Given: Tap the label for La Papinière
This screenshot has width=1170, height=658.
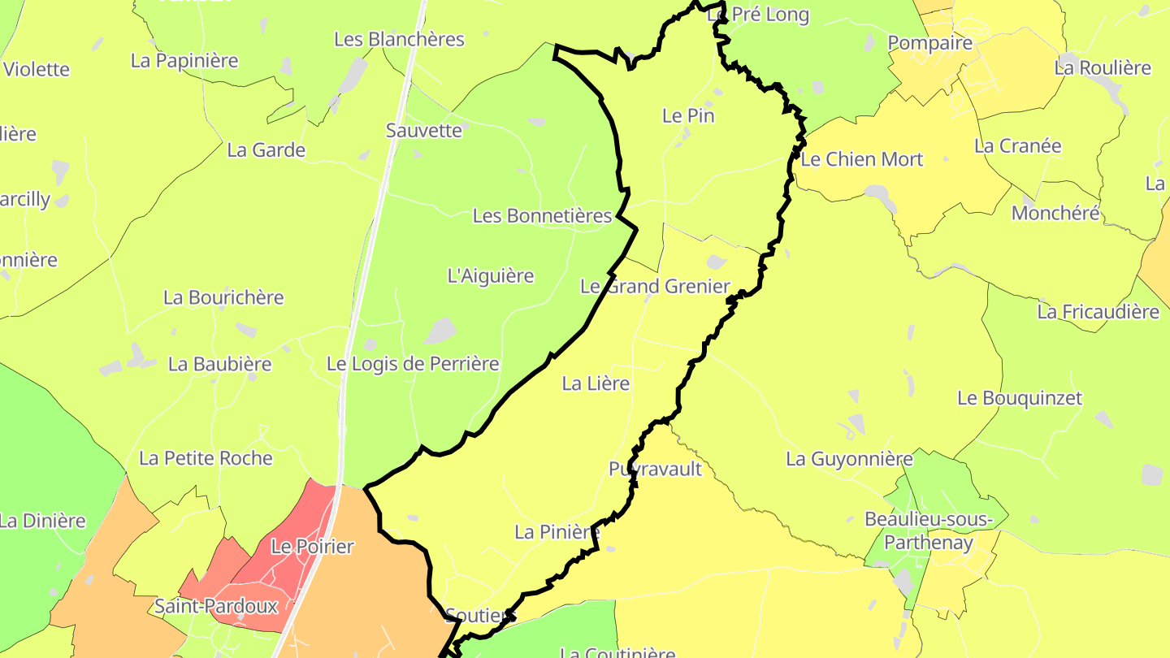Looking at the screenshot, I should click(184, 60).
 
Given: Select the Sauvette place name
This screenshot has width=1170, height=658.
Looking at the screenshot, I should click(423, 130).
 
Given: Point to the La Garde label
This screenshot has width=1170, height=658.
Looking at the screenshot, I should click(266, 149).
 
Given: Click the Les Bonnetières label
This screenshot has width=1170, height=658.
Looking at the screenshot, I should click(542, 216).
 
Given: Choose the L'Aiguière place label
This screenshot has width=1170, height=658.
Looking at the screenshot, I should click(491, 275).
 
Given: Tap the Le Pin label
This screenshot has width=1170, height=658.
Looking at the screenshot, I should click(688, 115).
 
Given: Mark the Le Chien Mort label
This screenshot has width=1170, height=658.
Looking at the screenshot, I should click(861, 159).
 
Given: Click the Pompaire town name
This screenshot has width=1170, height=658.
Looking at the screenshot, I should click(929, 43).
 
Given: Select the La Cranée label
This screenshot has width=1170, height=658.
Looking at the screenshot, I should click(1017, 146).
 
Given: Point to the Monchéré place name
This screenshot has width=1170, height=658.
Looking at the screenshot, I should click(1055, 213).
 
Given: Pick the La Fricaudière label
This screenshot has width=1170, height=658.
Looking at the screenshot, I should click(1098, 311).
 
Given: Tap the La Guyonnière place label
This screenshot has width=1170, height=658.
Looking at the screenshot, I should click(849, 459).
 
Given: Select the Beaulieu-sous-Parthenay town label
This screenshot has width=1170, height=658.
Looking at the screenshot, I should click(929, 530).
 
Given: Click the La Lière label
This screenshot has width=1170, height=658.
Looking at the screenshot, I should click(596, 383).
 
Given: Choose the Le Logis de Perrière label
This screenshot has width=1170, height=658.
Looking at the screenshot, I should click(412, 363).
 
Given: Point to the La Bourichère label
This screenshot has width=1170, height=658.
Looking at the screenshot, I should click(223, 297).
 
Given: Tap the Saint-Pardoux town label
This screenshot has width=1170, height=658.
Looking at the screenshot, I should click(216, 606).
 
